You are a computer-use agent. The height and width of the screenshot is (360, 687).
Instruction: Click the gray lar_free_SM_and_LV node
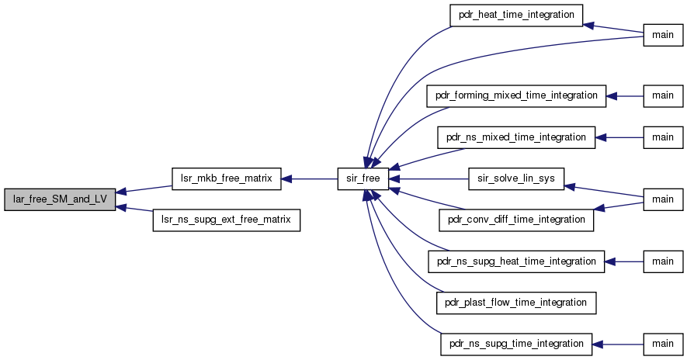tap(60, 199)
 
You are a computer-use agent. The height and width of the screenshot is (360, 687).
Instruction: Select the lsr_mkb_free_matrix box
tap(226, 178)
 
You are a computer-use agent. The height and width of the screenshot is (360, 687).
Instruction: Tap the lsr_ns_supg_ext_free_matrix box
tap(226, 220)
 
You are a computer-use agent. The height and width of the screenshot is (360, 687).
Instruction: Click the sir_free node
tap(363, 178)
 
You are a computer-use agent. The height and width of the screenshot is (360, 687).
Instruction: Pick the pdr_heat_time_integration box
tap(516, 16)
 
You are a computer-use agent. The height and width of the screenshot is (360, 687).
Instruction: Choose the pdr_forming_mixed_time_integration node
tap(516, 96)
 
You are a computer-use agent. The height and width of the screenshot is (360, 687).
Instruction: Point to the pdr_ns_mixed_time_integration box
tap(516, 137)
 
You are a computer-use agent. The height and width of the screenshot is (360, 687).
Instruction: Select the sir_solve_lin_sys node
tap(516, 178)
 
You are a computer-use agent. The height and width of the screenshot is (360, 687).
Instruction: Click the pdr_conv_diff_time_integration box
tap(516, 220)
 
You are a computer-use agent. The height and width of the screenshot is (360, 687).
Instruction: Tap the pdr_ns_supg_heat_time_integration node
tap(516, 262)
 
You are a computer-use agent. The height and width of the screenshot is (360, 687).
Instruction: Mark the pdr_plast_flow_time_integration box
tap(516, 303)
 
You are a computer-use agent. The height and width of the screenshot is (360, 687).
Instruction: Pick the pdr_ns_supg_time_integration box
tap(516, 344)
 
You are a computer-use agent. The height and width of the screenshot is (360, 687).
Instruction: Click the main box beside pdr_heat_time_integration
tap(663, 36)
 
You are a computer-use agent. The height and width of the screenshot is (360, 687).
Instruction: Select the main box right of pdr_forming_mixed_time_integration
tap(663, 96)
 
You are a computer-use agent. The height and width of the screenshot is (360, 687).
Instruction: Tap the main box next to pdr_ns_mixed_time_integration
tap(663, 137)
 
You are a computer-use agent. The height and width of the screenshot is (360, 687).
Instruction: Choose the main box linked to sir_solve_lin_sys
tap(663, 199)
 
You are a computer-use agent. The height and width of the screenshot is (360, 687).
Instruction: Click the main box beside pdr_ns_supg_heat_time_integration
tap(663, 262)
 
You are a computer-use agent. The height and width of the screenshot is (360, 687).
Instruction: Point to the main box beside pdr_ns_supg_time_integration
tap(663, 344)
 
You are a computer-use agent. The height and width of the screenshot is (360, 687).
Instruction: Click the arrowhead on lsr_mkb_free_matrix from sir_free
tap(286, 178)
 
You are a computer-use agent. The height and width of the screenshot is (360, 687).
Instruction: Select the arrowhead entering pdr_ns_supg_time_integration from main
tap(598, 344)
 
